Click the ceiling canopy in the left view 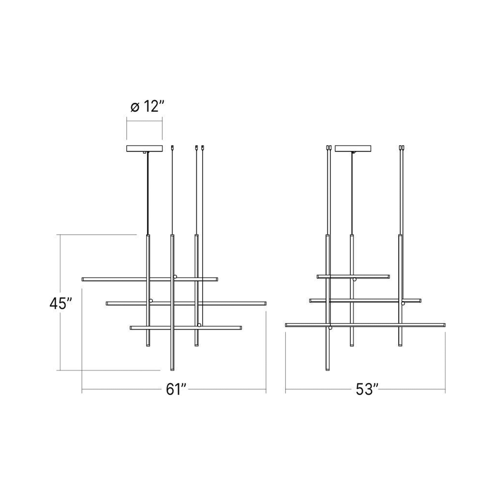pos(144,149)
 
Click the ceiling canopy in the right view pos(353,149)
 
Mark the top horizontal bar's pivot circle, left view pos(175,277)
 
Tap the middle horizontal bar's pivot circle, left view pos(151,301)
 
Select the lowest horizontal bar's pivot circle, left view pos(199,325)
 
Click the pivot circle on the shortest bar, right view pos(355,279)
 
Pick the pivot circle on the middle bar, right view pos(403,303)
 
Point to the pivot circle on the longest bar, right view pos(330,328)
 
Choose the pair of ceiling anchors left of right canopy pos(329,148)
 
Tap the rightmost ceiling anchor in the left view pos(203,148)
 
